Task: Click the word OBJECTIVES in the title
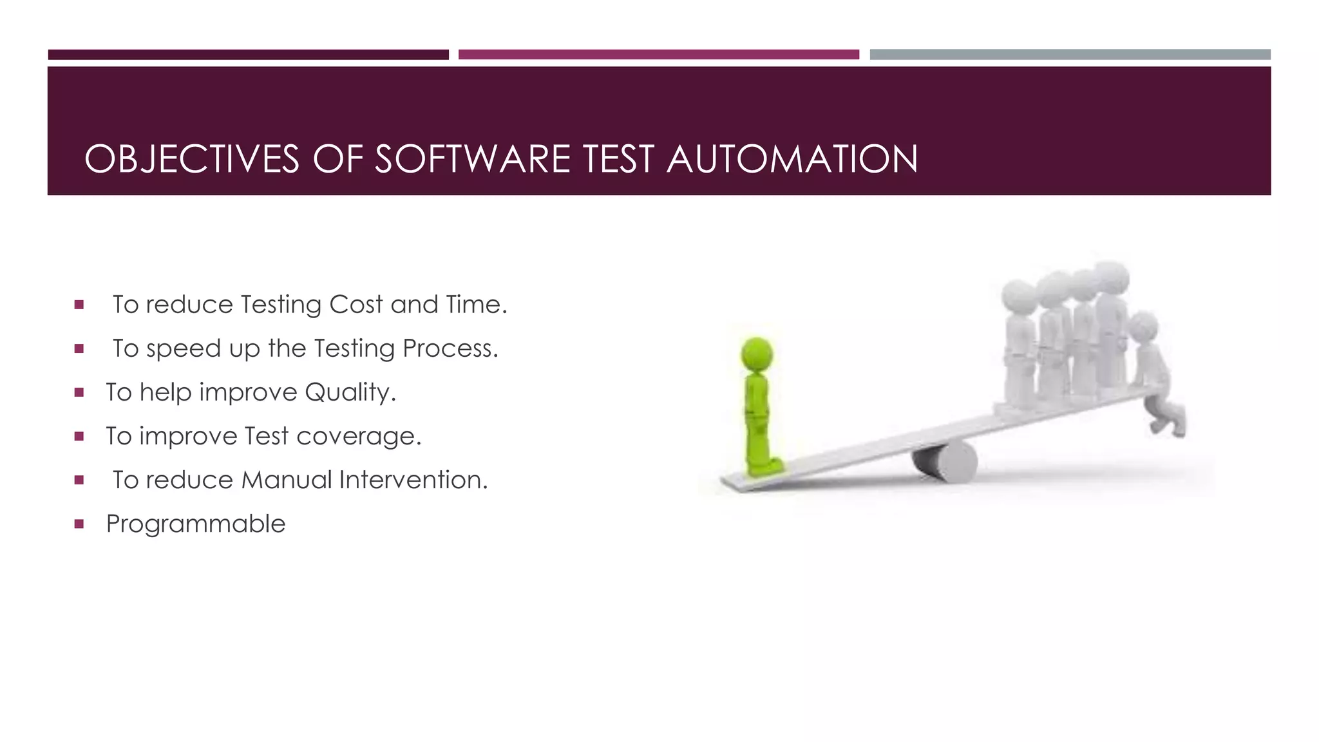point(192,159)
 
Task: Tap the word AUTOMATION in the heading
point(792,159)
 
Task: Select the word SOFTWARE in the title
point(472,159)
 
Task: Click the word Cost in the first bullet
point(356,305)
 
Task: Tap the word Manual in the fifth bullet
point(287,480)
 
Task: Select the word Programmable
point(196,524)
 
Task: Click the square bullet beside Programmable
point(79,524)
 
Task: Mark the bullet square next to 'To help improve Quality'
point(79,392)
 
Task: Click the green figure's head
point(757,354)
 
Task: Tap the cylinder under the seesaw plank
point(945,461)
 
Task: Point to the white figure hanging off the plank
point(1156,374)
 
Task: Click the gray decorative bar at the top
point(1070,55)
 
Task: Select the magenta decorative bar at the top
point(658,55)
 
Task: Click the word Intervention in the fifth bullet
point(413,480)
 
